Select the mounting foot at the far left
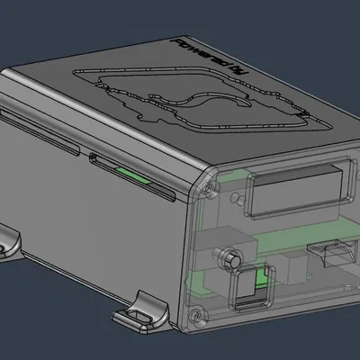(x=9, y=240)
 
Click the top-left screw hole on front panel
(x=210, y=188)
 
